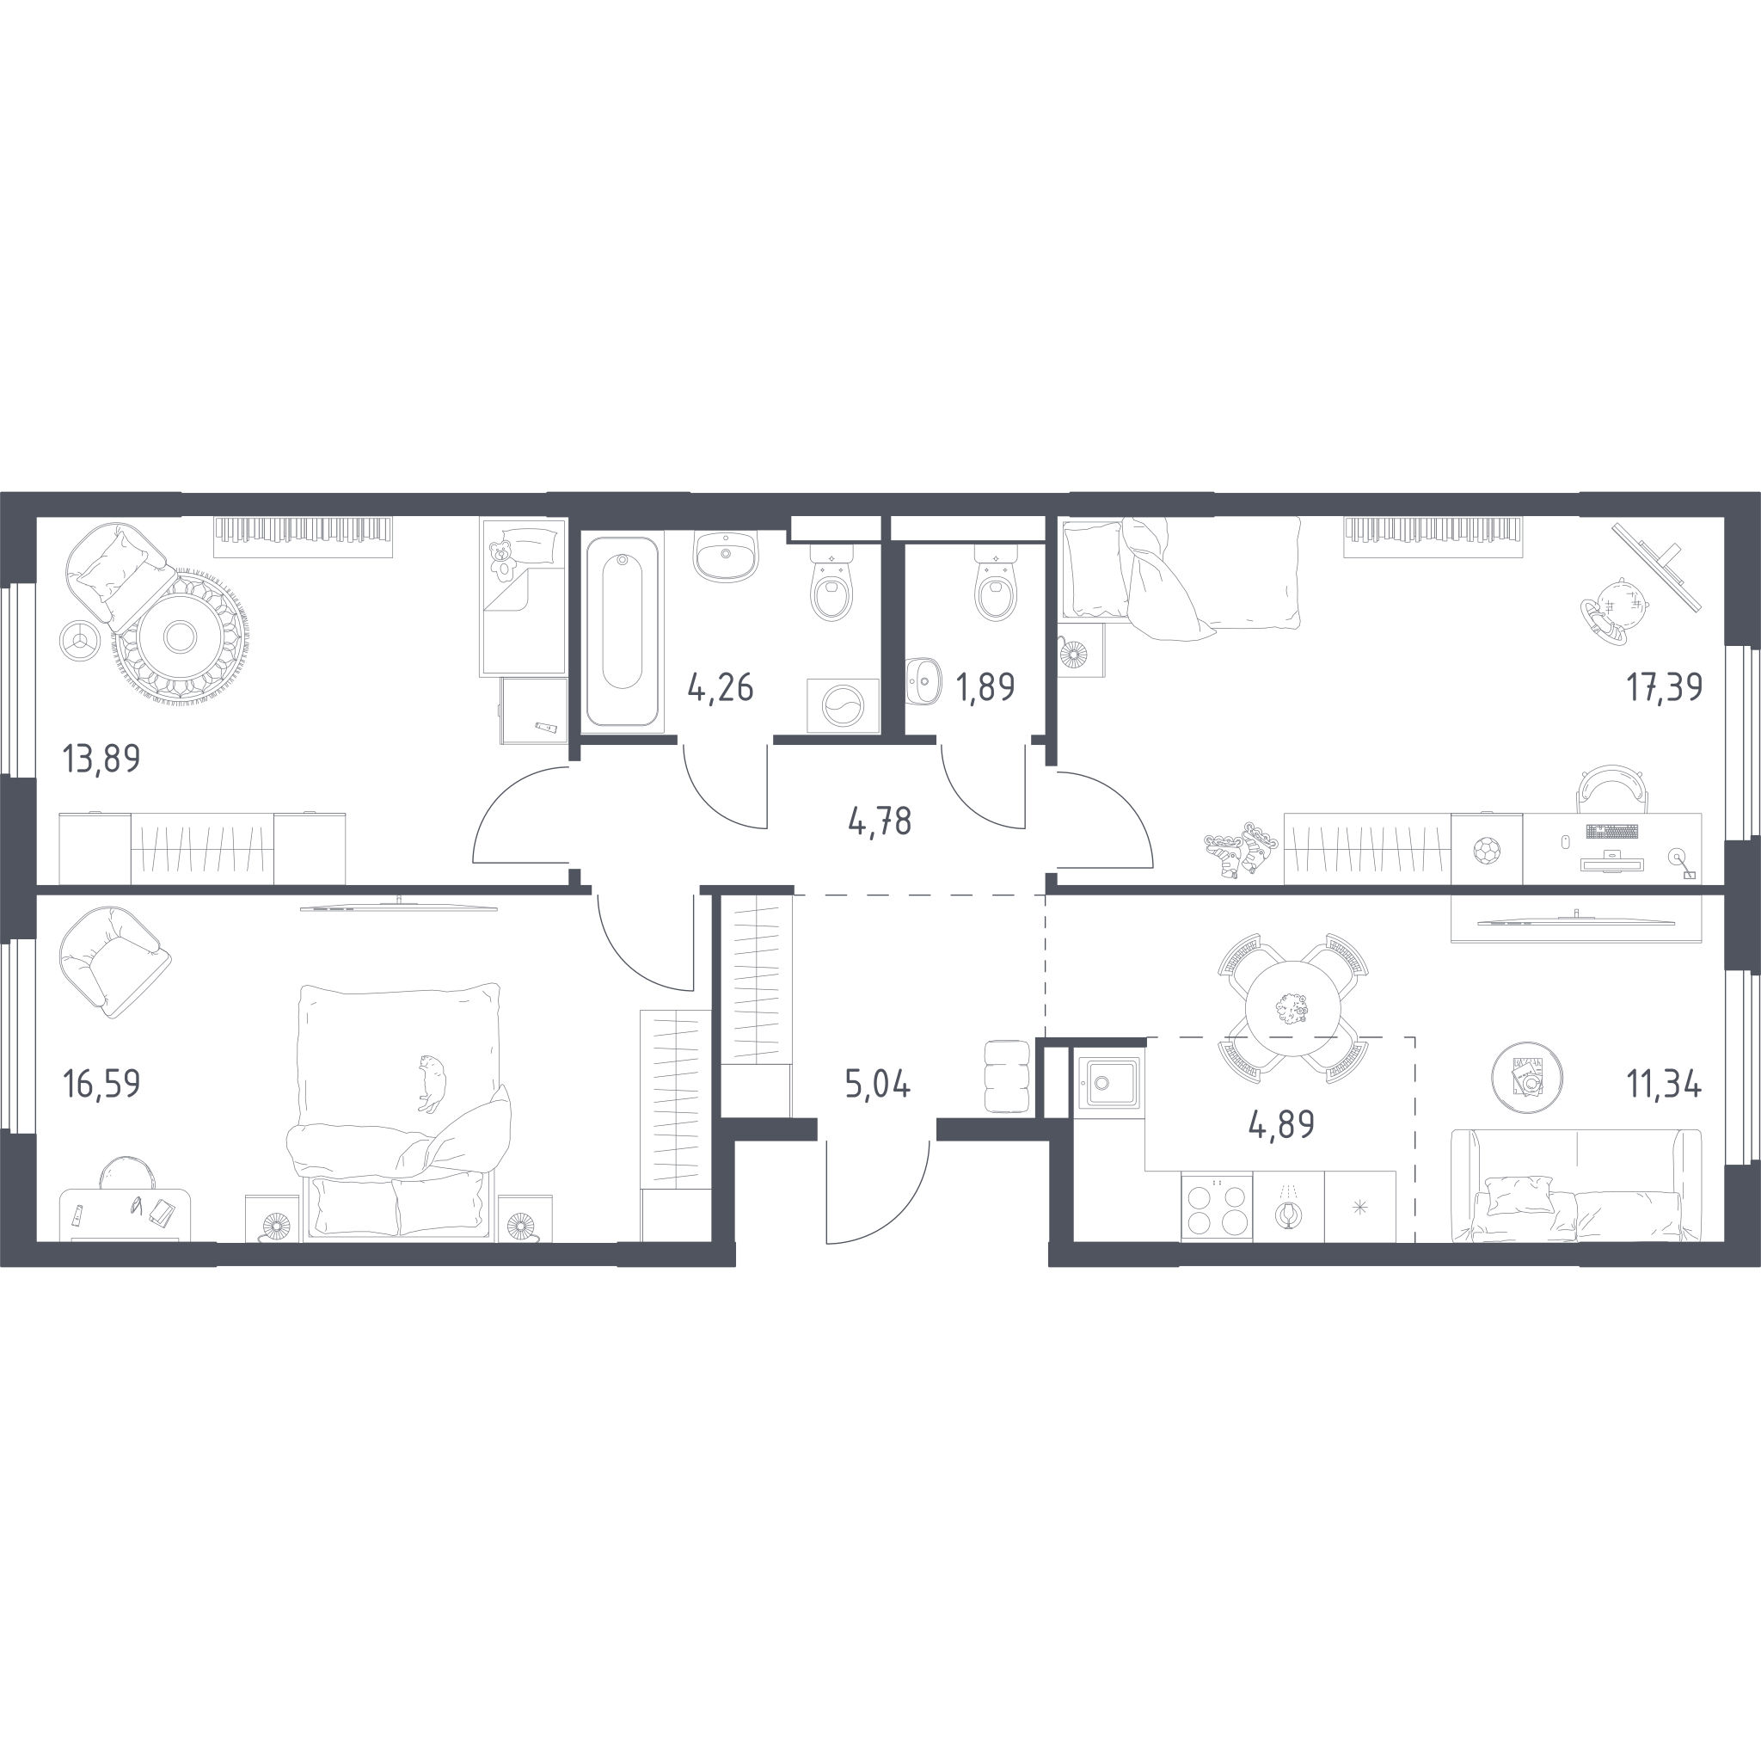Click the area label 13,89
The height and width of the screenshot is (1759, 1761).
(x=101, y=759)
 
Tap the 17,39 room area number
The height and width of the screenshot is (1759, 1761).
(x=1665, y=686)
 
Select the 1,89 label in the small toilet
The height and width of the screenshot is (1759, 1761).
(x=985, y=686)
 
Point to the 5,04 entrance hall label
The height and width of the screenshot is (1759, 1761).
(x=878, y=1085)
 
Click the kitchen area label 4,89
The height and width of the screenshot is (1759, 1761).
(x=1281, y=1125)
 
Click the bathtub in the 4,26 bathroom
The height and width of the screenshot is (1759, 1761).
(x=623, y=631)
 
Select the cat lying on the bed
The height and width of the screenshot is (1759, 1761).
(x=431, y=1082)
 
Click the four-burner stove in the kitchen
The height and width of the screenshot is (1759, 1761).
(x=1217, y=1208)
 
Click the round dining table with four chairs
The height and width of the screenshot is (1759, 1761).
(x=1292, y=1007)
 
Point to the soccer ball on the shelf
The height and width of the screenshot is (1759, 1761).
(x=1487, y=851)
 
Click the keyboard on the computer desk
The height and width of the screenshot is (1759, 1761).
(x=1611, y=831)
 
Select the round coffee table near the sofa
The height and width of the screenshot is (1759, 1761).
(x=1527, y=1077)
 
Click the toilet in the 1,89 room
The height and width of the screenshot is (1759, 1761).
(x=996, y=583)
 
